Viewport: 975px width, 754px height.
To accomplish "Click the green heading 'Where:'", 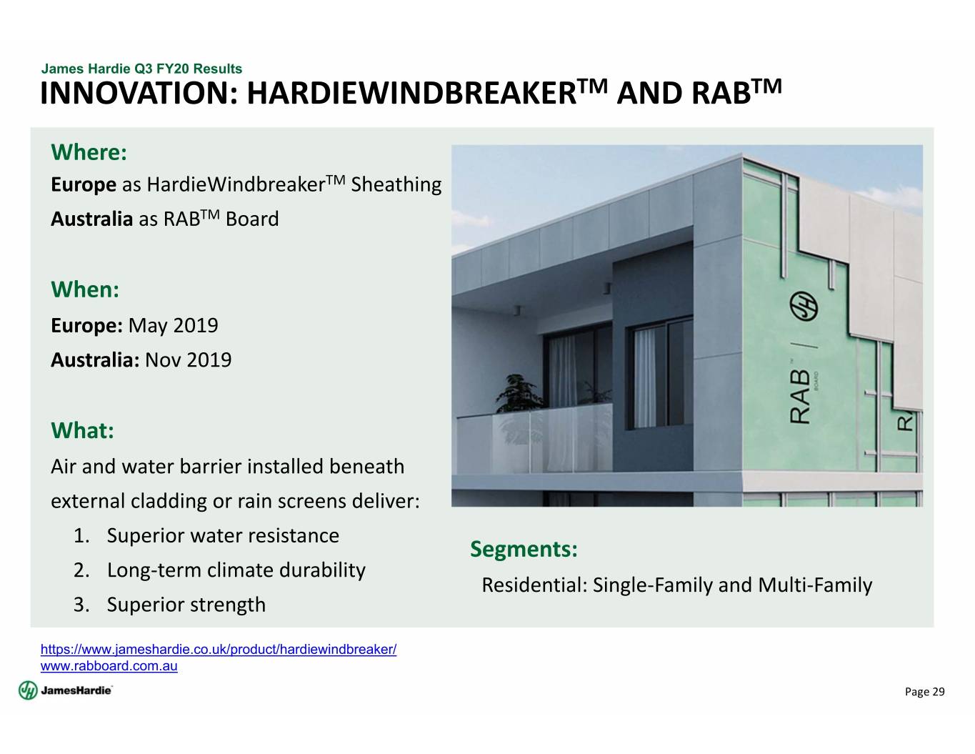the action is click(89, 152).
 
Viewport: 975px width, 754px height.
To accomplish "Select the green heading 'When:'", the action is click(85, 289).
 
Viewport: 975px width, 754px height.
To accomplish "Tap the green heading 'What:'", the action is click(83, 430).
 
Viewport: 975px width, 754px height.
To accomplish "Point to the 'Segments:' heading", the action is click(524, 549).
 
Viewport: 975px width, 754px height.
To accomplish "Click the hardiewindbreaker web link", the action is click(219, 649).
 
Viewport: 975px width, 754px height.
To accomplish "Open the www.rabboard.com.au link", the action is click(109, 665).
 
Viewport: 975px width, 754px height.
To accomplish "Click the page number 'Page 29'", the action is click(924, 692).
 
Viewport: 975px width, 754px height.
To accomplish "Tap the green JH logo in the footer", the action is click(28, 690).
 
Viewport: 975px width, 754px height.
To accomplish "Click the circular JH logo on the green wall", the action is click(804, 307).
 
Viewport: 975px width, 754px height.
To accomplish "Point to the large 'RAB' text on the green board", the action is click(800, 397).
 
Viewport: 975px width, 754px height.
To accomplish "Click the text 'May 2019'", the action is click(173, 325).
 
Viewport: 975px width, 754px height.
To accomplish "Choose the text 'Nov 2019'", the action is click(189, 360).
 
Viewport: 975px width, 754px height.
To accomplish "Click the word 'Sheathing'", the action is click(396, 185).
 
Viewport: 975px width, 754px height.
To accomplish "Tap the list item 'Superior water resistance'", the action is click(223, 535).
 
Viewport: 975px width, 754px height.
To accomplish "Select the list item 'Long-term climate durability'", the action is click(236, 570).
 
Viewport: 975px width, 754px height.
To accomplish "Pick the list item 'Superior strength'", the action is click(186, 605).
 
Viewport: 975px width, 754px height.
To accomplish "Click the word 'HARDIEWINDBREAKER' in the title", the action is click(411, 94).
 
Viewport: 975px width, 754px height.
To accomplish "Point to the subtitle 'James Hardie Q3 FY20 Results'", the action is click(141, 69).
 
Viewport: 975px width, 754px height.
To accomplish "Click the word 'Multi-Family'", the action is click(815, 585).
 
